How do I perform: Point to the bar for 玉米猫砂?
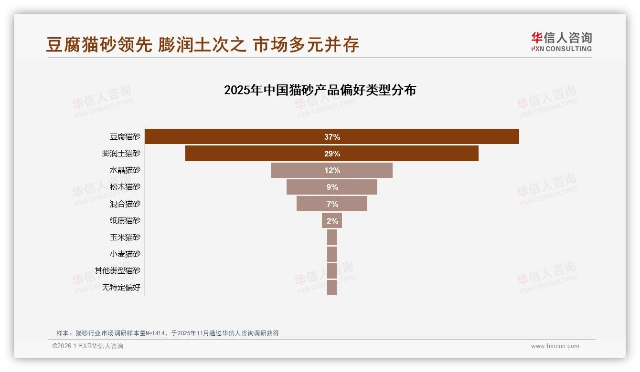pyautogui.click(x=332, y=238)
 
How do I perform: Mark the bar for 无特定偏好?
pyautogui.click(x=332, y=288)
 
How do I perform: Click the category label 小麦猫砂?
pyautogui.click(x=125, y=254)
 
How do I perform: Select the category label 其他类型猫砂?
pyautogui.click(x=117, y=271)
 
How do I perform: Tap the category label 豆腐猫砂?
pyautogui.click(x=125, y=137)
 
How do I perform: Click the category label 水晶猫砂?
pyautogui.click(x=125, y=170)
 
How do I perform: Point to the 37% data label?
pyautogui.click(x=332, y=137)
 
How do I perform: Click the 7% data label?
pyautogui.click(x=332, y=204)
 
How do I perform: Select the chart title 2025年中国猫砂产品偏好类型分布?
pyautogui.click(x=320, y=90)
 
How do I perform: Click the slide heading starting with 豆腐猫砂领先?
pyautogui.click(x=203, y=44)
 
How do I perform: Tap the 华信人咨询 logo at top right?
pyautogui.click(x=561, y=41)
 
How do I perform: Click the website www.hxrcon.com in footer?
pyautogui.click(x=555, y=346)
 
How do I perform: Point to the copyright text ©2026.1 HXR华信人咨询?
pyautogui.click(x=88, y=346)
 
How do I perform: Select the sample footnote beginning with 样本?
pyautogui.click(x=167, y=333)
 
